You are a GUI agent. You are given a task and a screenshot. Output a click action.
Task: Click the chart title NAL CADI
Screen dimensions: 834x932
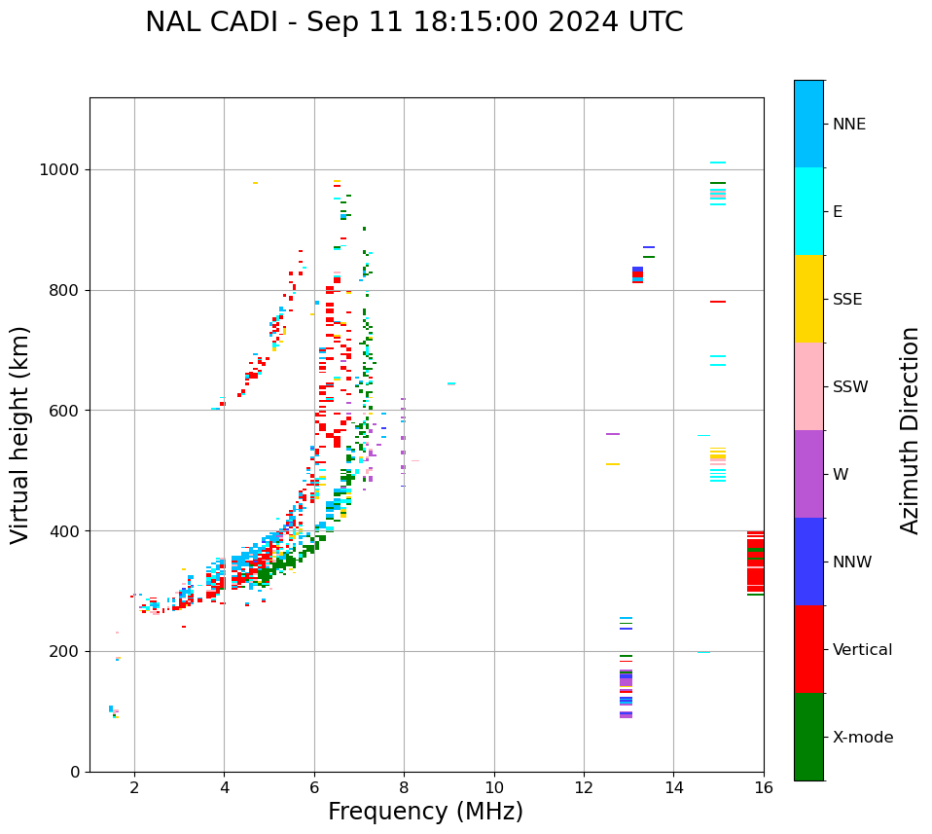pyautogui.click(x=413, y=22)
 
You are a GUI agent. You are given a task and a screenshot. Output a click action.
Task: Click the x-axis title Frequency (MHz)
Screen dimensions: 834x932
pyautogui.click(x=425, y=812)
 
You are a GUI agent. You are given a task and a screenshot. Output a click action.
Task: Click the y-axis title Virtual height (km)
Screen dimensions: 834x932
pyautogui.click(x=20, y=434)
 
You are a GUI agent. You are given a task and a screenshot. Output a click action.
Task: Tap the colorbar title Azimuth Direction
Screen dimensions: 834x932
pyautogui.click(x=910, y=430)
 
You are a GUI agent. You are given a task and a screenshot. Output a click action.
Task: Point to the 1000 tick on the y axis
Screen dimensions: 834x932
pyautogui.click(x=60, y=169)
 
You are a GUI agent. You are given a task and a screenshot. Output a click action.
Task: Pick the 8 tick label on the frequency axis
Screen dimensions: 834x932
pyautogui.click(x=404, y=787)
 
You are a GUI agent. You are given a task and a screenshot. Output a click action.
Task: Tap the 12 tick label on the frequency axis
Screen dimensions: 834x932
pyautogui.click(x=584, y=787)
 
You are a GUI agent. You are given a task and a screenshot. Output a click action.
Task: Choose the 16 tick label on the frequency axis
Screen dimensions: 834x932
pyautogui.click(x=764, y=787)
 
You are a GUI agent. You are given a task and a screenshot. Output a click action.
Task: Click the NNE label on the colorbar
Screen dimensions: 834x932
pyautogui.click(x=848, y=125)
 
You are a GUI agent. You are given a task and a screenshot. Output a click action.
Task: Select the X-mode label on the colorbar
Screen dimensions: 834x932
pyautogui.click(x=862, y=738)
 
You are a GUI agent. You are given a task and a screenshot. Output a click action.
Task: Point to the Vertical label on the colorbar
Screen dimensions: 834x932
pyautogui.click(x=862, y=650)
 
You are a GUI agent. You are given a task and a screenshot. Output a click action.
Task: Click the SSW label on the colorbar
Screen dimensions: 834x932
pyautogui.click(x=850, y=387)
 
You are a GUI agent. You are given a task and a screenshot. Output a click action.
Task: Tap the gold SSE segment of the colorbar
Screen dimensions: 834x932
pyautogui.click(x=808, y=299)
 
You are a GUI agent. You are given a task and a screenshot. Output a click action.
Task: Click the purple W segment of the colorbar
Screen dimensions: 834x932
pyautogui.click(x=808, y=474)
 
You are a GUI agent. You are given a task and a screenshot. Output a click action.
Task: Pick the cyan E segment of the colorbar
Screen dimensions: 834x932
pyautogui.click(x=808, y=211)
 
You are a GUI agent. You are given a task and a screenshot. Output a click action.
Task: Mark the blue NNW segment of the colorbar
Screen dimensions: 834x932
pyautogui.click(x=808, y=562)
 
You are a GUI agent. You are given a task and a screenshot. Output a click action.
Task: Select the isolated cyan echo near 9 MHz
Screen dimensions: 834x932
pyautogui.click(x=451, y=383)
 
